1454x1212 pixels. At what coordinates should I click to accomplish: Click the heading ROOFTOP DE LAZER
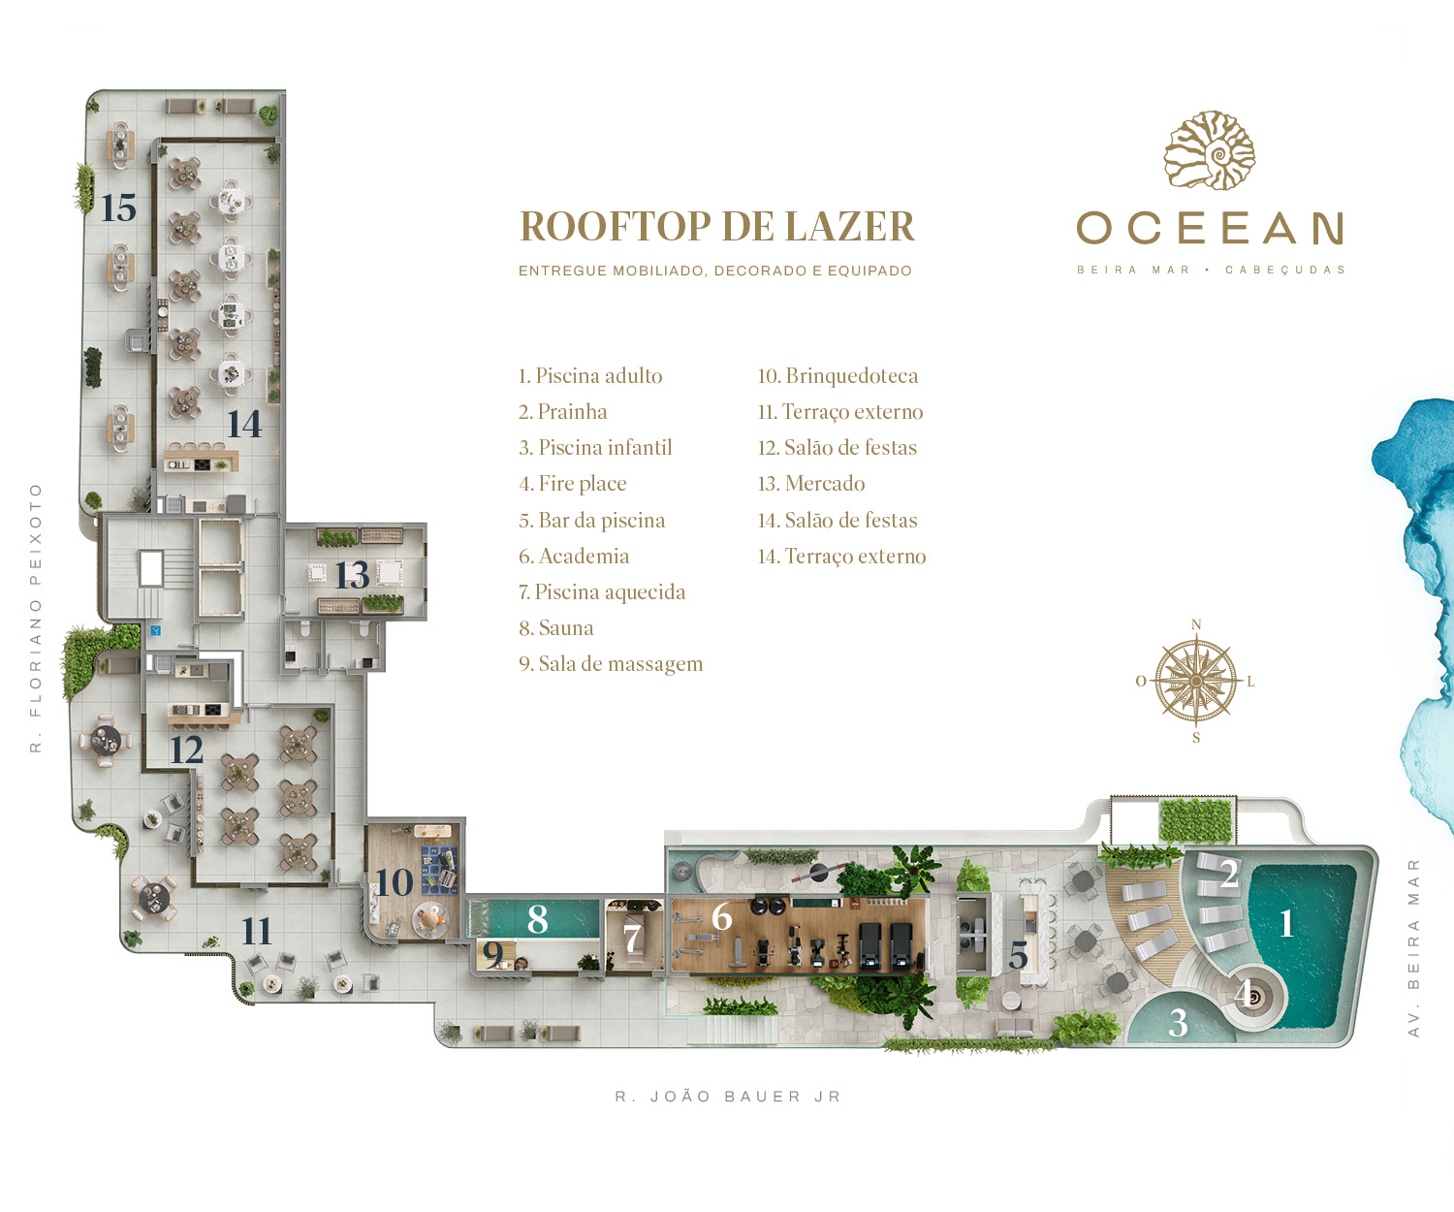click(716, 226)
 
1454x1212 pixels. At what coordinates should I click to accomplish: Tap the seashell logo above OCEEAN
click(1210, 149)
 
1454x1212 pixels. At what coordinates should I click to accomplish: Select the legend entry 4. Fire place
click(573, 484)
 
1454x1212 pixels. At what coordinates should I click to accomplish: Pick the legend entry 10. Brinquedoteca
click(838, 376)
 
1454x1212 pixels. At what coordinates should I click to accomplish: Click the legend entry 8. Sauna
click(556, 627)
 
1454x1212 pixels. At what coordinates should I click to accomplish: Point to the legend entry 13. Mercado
click(811, 484)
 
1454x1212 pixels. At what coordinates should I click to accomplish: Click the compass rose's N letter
click(1195, 624)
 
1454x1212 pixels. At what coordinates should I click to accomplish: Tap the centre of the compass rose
click(1195, 681)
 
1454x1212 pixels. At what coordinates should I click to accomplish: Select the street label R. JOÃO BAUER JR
click(728, 1097)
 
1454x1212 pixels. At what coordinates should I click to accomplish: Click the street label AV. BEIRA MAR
click(1413, 947)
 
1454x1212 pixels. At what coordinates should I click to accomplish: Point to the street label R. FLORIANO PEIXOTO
click(36, 618)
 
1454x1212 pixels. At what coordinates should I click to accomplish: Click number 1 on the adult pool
click(1287, 924)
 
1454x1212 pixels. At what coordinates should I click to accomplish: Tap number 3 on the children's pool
click(1178, 1023)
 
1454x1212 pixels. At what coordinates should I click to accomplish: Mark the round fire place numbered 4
click(1252, 996)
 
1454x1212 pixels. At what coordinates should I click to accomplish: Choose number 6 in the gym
click(721, 916)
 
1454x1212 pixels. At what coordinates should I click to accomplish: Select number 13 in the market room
click(352, 575)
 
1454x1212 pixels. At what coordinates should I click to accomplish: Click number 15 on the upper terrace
click(118, 207)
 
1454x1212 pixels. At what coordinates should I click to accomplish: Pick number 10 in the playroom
click(395, 882)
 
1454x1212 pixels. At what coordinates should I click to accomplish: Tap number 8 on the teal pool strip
click(537, 919)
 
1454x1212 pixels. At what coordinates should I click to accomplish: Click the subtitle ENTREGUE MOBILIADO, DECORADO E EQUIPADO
click(715, 271)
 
